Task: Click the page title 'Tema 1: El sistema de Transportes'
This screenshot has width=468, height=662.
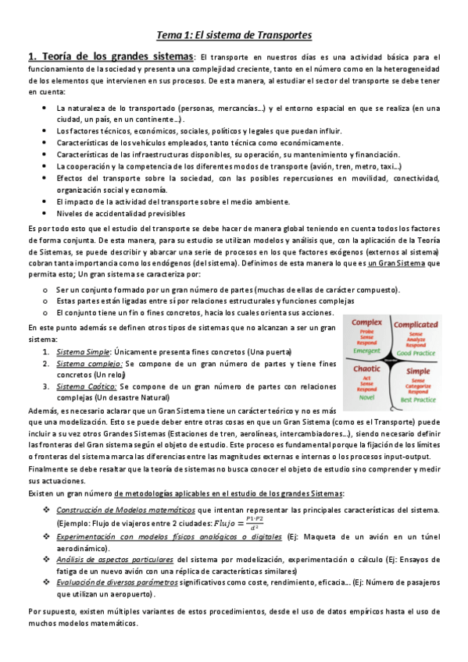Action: pyautogui.click(x=234, y=35)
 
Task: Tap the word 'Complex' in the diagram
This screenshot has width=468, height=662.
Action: pyautogui.click(x=366, y=322)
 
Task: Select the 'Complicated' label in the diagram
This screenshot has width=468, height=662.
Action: pyautogui.click(x=416, y=324)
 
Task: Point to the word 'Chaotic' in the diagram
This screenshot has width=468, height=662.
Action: pyautogui.click(x=366, y=368)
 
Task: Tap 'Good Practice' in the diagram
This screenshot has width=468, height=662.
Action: pyautogui.click(x=415, y=354)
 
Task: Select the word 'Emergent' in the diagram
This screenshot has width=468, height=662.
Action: pyautogui.click(x=366, y=351)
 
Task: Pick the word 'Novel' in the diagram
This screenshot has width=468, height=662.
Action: pyautogui.click(x=366, y=397)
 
